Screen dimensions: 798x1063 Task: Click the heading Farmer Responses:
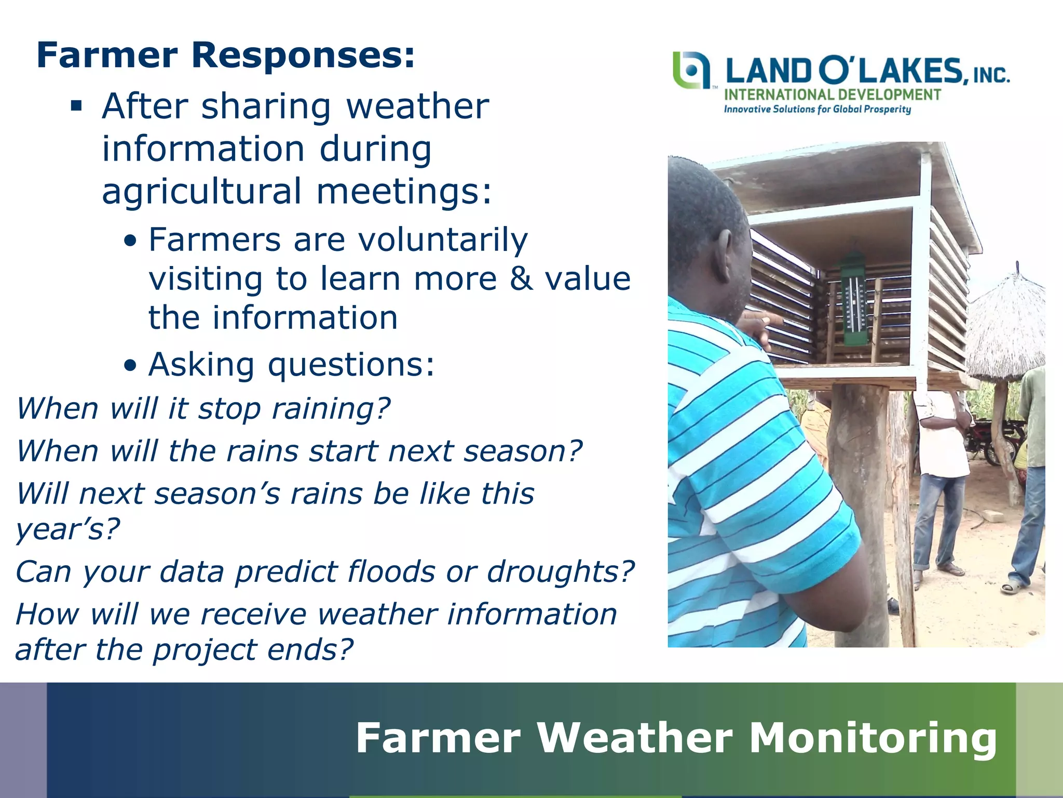226,56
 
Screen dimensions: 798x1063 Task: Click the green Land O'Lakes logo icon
690,70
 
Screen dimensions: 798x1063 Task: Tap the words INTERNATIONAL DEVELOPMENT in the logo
832,95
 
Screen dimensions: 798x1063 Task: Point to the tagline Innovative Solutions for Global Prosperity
817,109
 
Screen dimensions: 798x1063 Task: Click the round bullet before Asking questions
131,366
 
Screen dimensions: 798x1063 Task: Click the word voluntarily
443,240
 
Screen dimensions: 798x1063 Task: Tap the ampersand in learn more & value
521,279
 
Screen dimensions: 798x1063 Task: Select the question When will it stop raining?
203,408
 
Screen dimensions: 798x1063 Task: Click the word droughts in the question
561,571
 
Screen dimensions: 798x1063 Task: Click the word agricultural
201,191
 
